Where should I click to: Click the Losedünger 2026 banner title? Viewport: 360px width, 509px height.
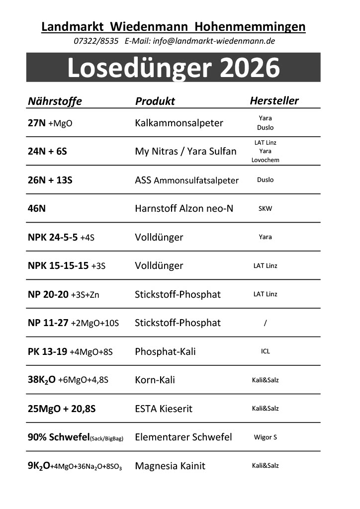click(x=173, y=68)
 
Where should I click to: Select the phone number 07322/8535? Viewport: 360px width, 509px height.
click(x=95, y=41)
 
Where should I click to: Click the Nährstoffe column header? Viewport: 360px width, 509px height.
click(x=55, y=101)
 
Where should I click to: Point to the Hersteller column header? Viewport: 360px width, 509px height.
click(x=274, y=101)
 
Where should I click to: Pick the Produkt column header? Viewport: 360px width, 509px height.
click(x=155, y=101)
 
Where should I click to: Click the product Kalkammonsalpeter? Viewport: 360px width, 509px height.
click(x=179, y=123)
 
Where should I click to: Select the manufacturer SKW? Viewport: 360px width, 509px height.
click(x=265, y=209)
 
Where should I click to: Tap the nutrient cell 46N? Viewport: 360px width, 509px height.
click(x=37, y=209)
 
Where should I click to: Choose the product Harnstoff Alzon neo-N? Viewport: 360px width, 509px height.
click(x=184, y=209)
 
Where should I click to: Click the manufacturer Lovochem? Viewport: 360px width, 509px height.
click(x=265, y=160)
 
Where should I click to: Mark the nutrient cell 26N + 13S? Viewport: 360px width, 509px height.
click(x=50, y=180)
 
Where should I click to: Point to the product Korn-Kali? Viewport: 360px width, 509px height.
click(x=155, y=380)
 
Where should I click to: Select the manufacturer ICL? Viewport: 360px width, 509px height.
click(x=265, y=351)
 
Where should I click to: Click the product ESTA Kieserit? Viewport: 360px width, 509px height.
click(x=164, y=409)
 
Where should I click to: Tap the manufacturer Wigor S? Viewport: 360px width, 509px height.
click(x=265, y=437)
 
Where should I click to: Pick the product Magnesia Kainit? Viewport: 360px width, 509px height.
click(x=170, y=466)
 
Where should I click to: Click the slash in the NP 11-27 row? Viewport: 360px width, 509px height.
click(x=266, y=323)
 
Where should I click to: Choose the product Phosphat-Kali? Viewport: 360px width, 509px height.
click(x=165, y=352)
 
